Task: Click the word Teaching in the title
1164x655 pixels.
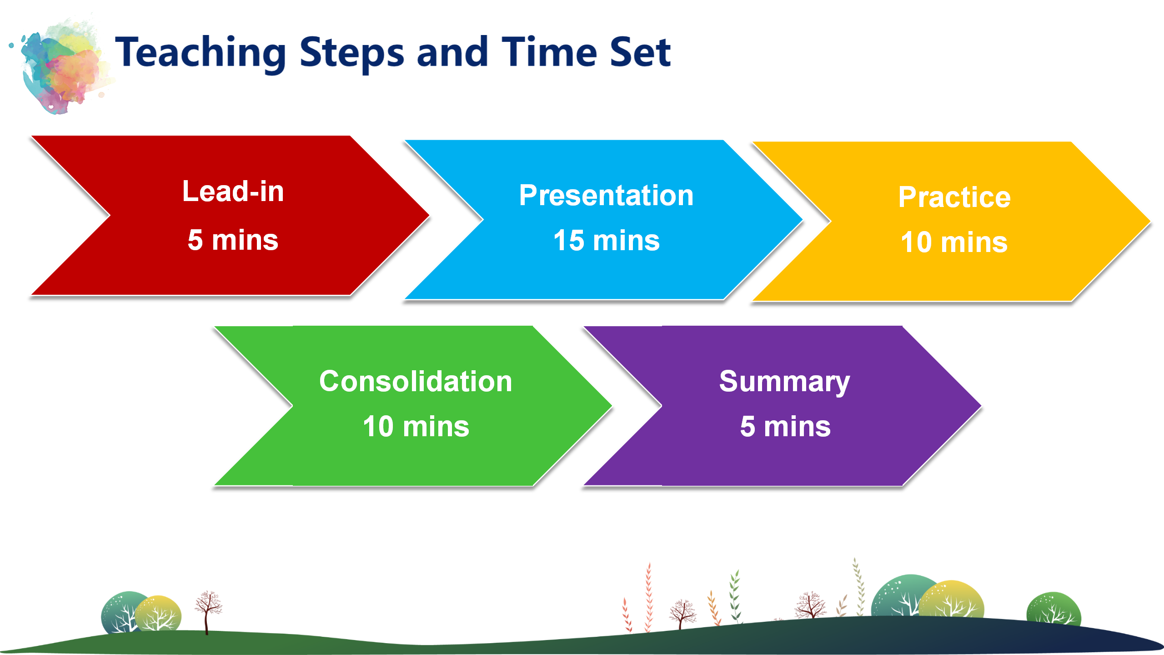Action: click(x=201, y=54)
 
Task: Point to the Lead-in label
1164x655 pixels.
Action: click(x=233, y=191)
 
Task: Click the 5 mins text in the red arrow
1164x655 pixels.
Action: click(x=233, y=240)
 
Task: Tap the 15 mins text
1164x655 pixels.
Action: click(x=606, y=240)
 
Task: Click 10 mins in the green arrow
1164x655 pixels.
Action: click(x=416, y=426)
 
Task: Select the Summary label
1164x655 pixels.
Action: click(x=785, y=382)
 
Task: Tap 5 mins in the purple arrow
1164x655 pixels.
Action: click(x=785, y=426)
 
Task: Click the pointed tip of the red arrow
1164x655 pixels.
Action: click(x=429, y=216)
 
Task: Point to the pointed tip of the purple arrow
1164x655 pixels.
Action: click(x=981, y=406)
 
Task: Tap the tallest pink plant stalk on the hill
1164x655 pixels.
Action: click(x=649, y=597)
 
